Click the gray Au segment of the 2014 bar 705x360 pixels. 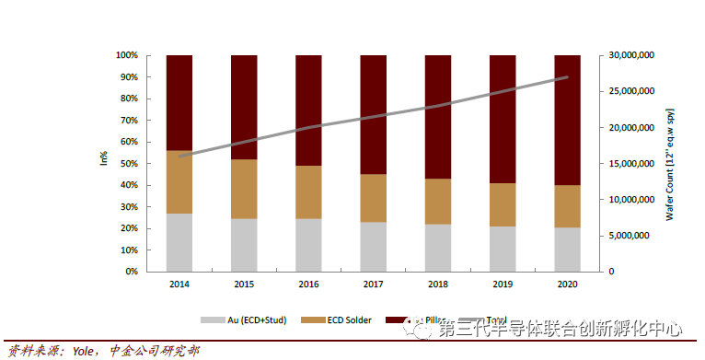(179, 242)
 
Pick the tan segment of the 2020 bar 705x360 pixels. (567, 206)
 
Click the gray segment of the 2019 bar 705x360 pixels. (502, 249)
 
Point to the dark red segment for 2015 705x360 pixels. (244, 107)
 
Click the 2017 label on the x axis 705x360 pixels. (373, 285)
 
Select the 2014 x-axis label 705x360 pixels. (179, 285)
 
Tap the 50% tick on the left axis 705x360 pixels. (127, 164)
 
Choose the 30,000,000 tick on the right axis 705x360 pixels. (631, 55)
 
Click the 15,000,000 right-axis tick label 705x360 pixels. (631, 164)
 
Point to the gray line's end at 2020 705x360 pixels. (567, 77)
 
